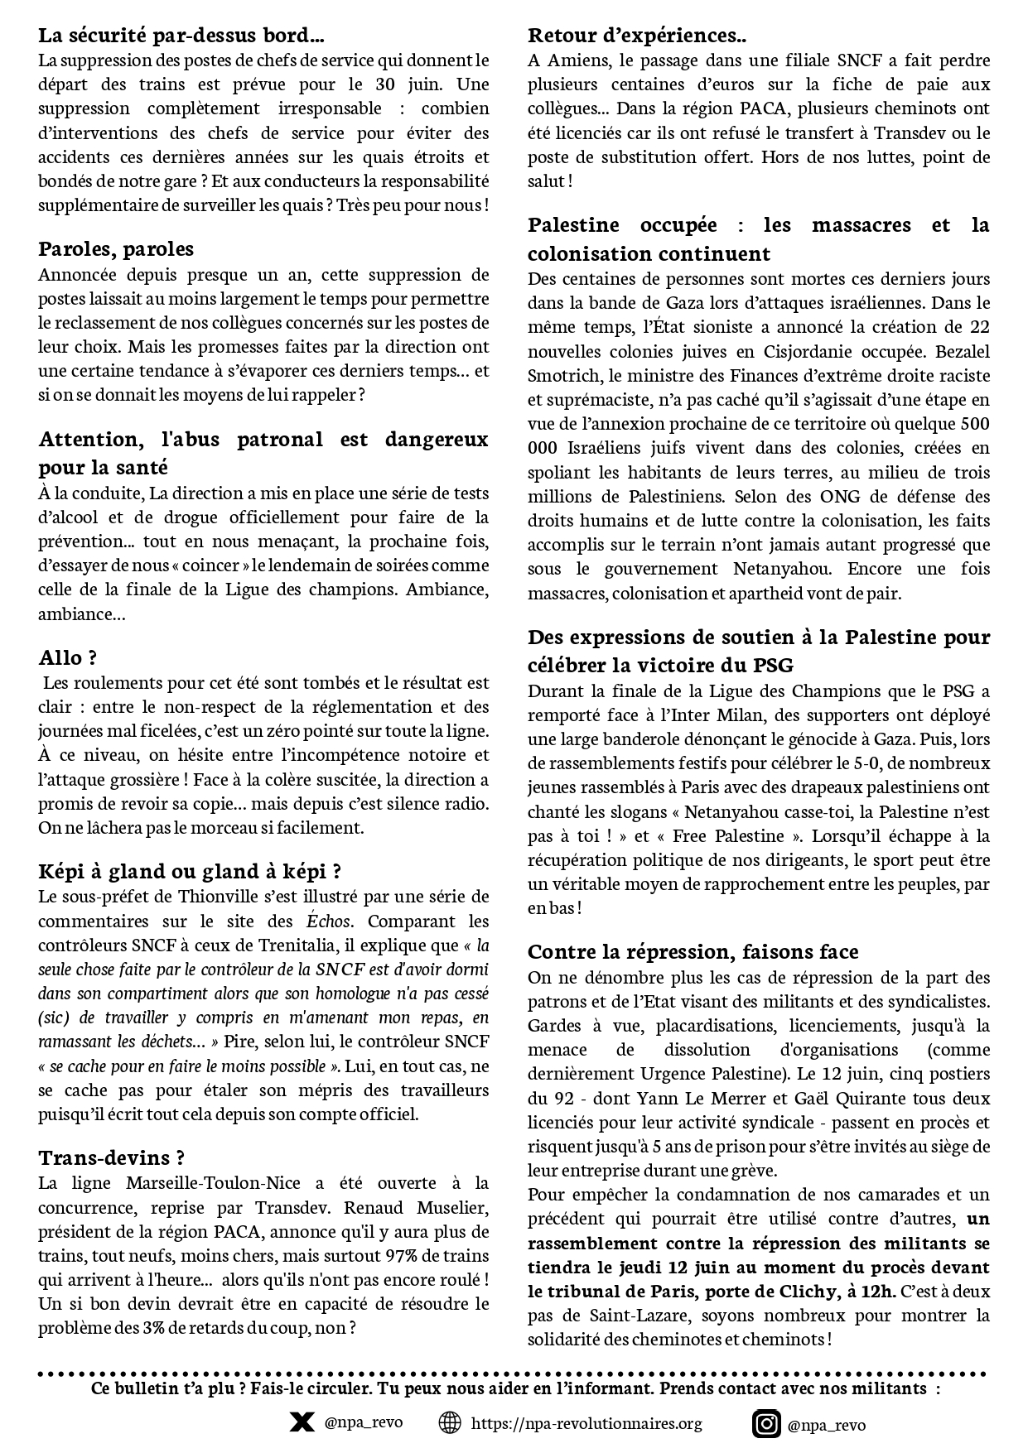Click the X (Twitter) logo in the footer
coord(302,1423)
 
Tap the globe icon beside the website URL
coord(449,1423)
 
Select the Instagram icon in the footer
coord(766,1424)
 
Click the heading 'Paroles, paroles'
coord(116,249)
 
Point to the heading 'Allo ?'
coord(68,658)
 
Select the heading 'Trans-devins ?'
coord(112,1157)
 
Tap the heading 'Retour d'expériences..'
coord(637,36)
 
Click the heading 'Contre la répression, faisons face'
coord(693,952)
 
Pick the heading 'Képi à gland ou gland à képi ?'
coord(191,872)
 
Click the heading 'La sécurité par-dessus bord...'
coord(181,36)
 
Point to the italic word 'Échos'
coord(329,921)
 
